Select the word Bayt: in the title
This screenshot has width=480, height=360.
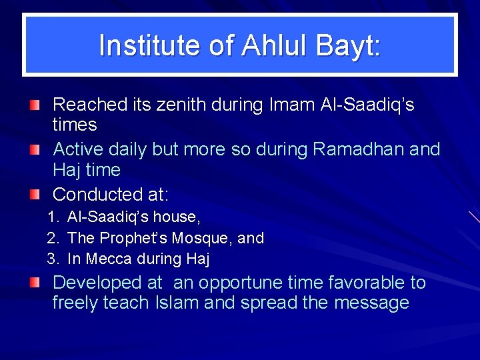coord(346,45)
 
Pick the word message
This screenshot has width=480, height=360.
coord(371,303)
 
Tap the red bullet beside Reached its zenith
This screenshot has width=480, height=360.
coord(34,105)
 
